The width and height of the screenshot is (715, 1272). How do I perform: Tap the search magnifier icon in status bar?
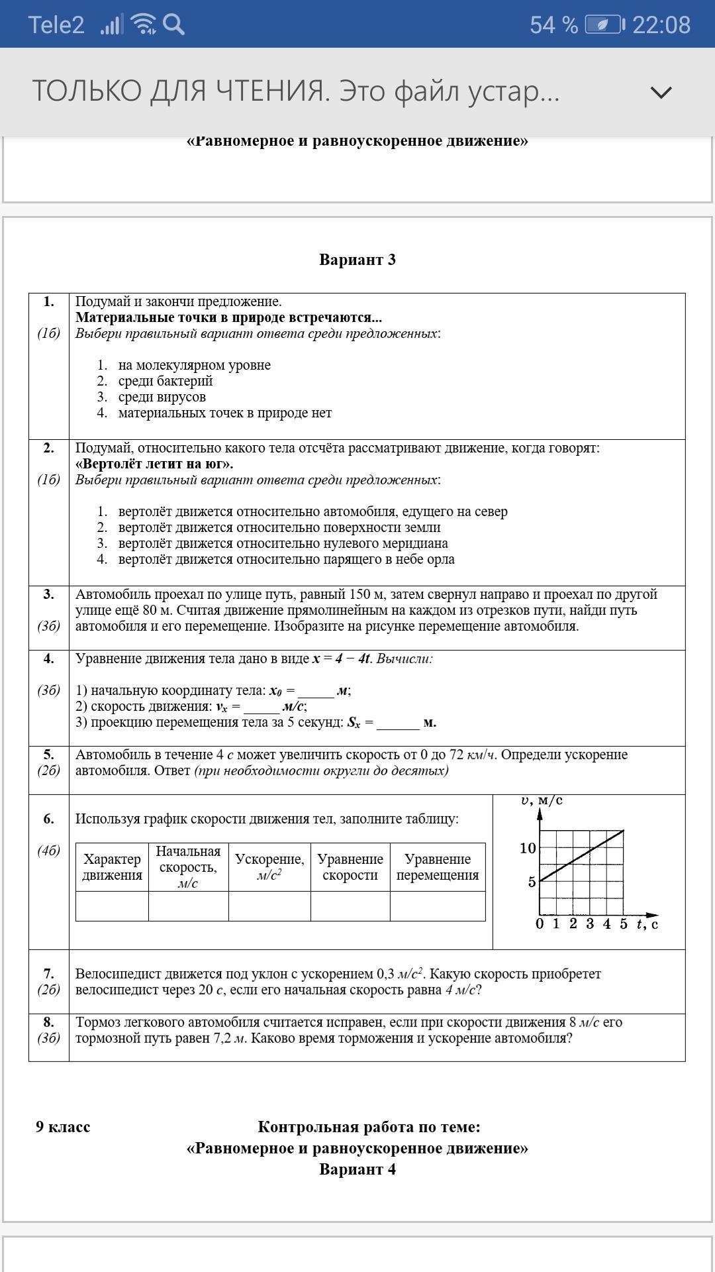173,25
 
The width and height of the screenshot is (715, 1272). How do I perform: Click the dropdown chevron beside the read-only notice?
661,92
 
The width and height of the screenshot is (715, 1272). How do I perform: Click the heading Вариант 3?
358,260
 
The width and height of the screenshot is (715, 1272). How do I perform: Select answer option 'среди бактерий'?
166,381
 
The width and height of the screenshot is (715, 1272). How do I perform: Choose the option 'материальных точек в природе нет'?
225,413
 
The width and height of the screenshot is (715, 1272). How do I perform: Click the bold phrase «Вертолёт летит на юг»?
154,464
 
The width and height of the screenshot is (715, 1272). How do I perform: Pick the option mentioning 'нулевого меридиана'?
283,543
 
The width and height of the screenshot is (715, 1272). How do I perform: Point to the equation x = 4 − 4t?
342,659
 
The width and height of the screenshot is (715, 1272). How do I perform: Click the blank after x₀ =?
316,691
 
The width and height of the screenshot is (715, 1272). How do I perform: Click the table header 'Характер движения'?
112,867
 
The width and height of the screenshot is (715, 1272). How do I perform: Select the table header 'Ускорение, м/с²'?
269,867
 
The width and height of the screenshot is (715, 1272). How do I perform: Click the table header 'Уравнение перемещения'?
438,867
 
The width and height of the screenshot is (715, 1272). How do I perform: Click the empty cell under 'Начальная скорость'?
189,906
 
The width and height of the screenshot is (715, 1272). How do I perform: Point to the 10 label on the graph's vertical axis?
528,848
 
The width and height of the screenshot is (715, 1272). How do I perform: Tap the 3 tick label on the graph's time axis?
590,924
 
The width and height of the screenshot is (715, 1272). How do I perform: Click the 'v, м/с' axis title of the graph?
542,801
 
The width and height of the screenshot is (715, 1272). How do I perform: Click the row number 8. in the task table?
48,1022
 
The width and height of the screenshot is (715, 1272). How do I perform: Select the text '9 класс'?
63,1127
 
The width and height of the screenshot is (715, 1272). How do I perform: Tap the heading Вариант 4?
358,1169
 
